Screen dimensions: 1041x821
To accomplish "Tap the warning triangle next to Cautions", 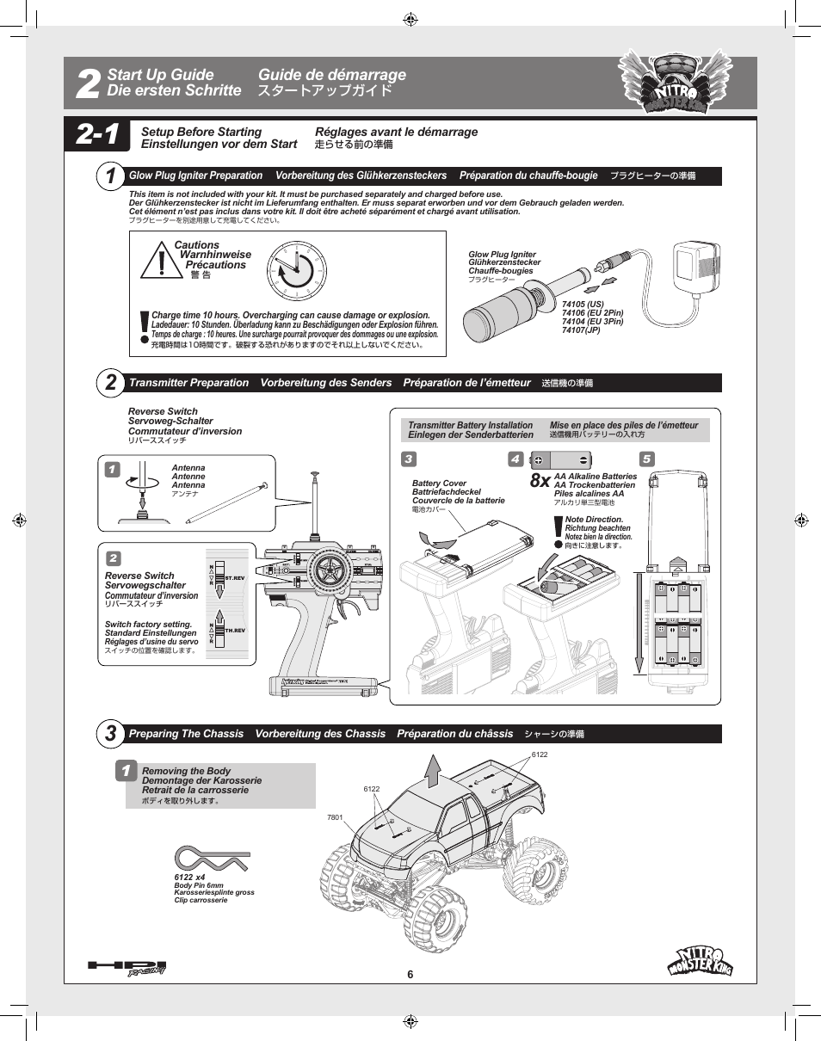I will pos(161,261).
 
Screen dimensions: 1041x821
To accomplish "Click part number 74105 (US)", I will pos(583,304).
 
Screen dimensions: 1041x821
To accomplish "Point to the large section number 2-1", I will pos(97,135).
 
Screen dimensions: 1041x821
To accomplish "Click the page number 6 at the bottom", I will pos(410,974).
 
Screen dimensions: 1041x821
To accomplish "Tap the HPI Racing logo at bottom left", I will pos(127,968).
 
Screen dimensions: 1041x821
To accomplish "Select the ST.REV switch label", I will pos(235,577).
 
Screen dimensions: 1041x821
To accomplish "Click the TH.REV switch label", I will pos(235,631).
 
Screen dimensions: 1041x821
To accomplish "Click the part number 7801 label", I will pos(335,817).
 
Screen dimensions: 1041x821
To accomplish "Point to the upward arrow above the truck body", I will pos(434,770).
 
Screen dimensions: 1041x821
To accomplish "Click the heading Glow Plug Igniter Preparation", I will pos(195,176).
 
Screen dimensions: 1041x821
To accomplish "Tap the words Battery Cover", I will pos(439,484).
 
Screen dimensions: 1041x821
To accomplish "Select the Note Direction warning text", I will pos(594,520).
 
